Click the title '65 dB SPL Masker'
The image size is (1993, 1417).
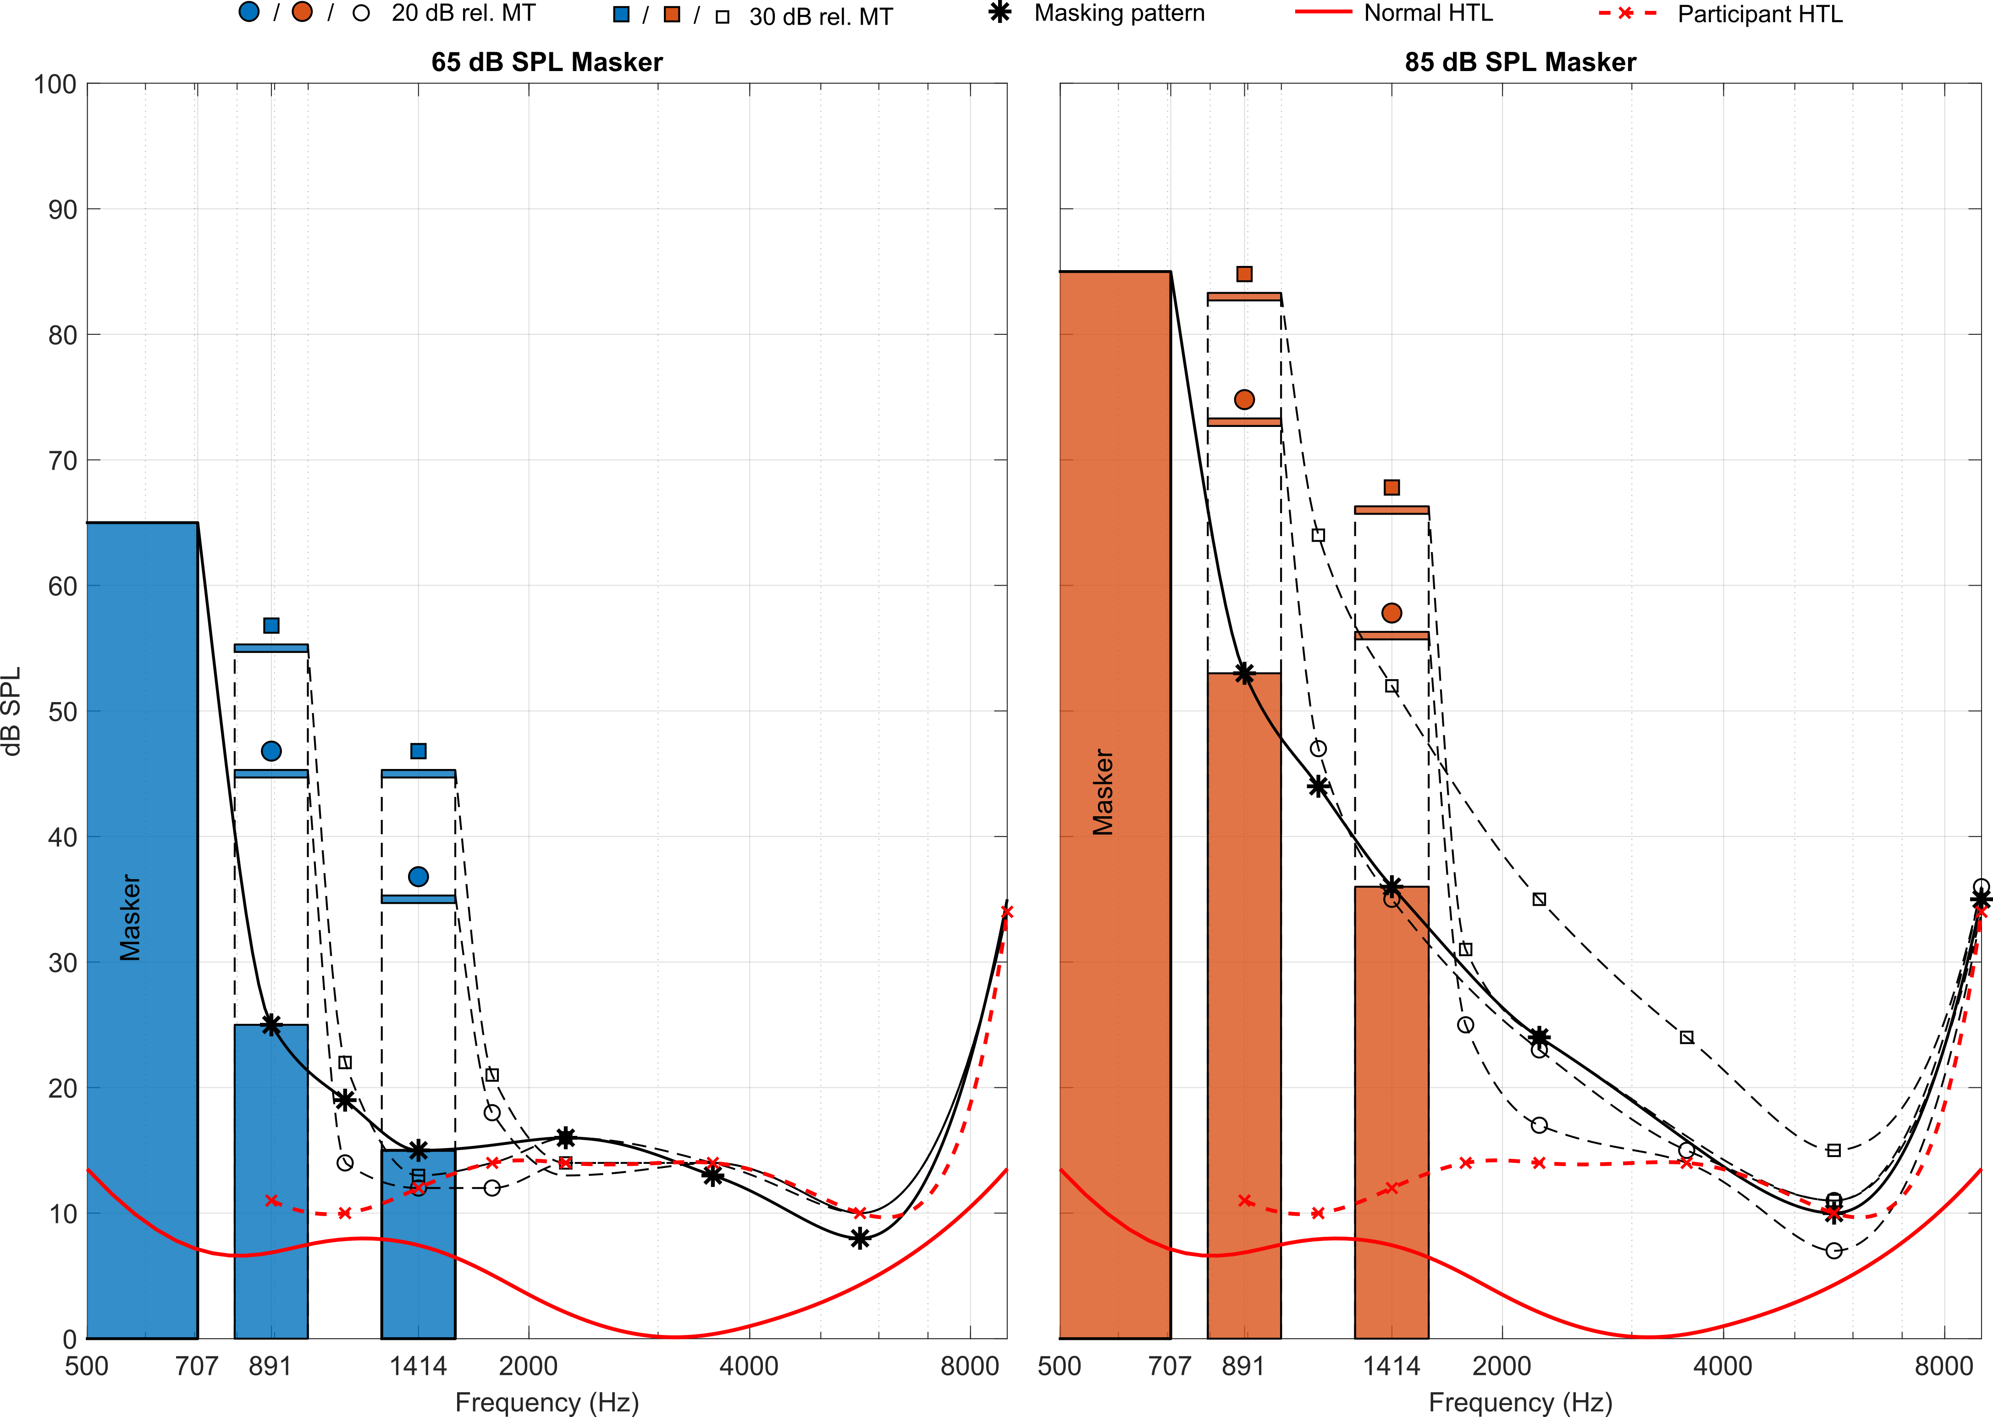pos(547,62)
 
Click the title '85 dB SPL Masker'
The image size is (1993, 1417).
pos(1520,62)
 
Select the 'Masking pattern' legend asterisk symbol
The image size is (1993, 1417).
pos(1000,13)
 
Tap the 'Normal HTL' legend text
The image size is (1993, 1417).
pos(1428,13)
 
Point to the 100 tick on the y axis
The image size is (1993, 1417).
pos(55,85)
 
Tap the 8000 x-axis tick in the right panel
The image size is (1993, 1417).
pos(1943,1366)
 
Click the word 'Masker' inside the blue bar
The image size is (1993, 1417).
pos(130,918)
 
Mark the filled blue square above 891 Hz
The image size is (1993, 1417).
pos(271,625)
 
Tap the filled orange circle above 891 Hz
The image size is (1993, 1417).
pos(1245,399)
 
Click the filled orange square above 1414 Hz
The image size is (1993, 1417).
pos(1392,487)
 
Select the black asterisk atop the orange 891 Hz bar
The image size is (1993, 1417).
pos(1245,674)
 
